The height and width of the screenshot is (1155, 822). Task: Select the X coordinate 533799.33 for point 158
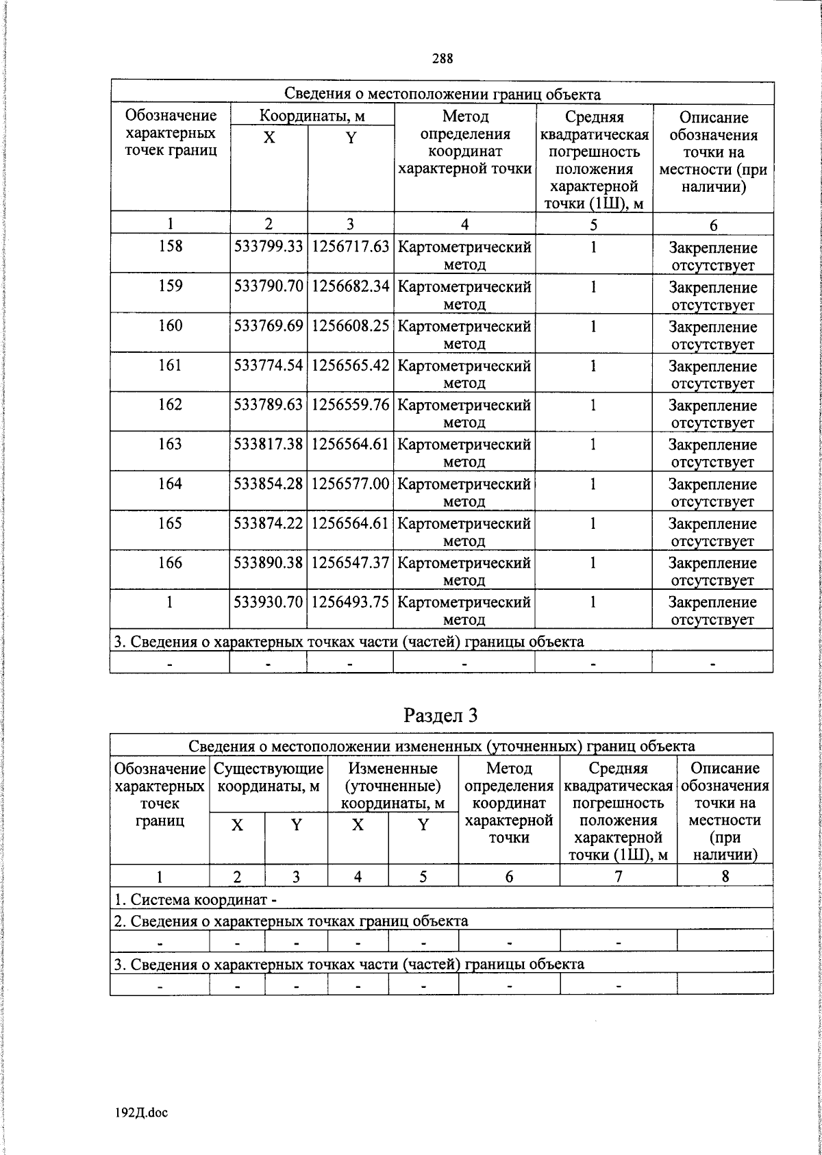pos(269,247)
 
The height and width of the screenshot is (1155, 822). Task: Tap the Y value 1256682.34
pos(351,286)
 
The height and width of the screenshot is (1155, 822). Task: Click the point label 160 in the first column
pos(170,325)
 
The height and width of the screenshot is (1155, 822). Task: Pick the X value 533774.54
pos(269,365)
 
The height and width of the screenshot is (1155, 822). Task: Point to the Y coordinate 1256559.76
pos(351,405)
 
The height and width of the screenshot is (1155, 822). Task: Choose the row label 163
pos(170,444)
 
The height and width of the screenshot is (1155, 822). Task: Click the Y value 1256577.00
pos(351,484)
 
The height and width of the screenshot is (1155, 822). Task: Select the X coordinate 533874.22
pos(269,523)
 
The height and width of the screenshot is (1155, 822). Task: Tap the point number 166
pos(170,562)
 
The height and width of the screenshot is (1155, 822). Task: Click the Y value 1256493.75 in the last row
pos(351,602)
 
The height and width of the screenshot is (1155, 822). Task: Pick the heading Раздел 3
pos(440,716)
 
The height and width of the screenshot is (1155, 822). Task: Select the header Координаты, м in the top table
pos(312,116)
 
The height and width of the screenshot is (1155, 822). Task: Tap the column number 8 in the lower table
pos(725,876)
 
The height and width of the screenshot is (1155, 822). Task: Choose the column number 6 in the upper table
pos(713,225)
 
